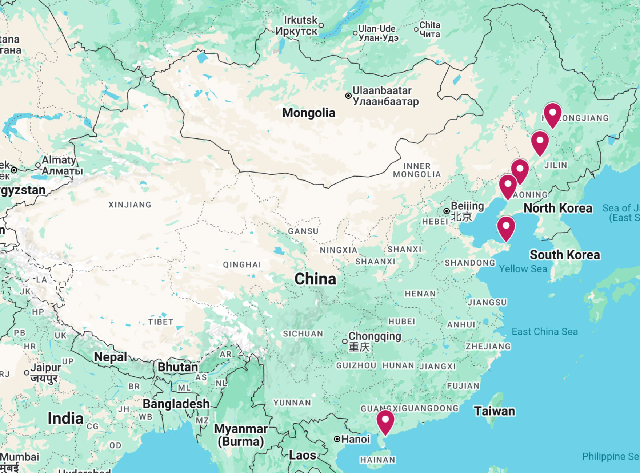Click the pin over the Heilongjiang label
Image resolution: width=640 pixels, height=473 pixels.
pyautogui.click(x=552, y=114)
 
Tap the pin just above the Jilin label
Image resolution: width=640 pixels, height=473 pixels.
pyautogui.click(x=540, y=142)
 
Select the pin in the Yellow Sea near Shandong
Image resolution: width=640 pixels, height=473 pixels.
pyautogui.click(x=506, y=227)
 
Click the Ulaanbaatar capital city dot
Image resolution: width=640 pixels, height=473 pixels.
pyautogui.click(x=348, y=96)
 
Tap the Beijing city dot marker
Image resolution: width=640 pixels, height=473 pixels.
pyautogui.click(x=447, y=211)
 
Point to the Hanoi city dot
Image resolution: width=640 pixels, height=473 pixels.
pyautogui.click(x=337, y=439)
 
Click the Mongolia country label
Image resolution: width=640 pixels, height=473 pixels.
pyautogui.click(x=309, y=113)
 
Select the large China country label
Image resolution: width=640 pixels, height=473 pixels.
pyautogui.click(x=315, y=279)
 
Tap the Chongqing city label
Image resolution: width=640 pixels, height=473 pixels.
pyautogui.click(x=375, y=336)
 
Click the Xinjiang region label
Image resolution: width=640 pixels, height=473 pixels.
pyautogui.click(x=130, y=205)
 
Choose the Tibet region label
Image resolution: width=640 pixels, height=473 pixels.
pyautogui.click(x=160, y=322)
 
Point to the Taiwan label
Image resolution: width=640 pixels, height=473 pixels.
pyautogui.click(x=494, y=411)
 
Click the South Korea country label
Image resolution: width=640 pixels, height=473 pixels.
pyautogui.click(x=564, y=255)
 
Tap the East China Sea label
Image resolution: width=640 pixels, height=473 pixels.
pyautogui.click(x=544, y=332)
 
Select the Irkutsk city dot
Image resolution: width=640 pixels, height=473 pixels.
pyautogui.click(x=321, y=25)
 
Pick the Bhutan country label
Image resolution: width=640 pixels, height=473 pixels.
pyautogui.click(x=177, y=367)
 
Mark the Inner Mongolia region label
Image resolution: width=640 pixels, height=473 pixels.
pyautogui.click(x=417, y=170)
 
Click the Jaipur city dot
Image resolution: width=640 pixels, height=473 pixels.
pyautogui.click(x=27, y=373)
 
